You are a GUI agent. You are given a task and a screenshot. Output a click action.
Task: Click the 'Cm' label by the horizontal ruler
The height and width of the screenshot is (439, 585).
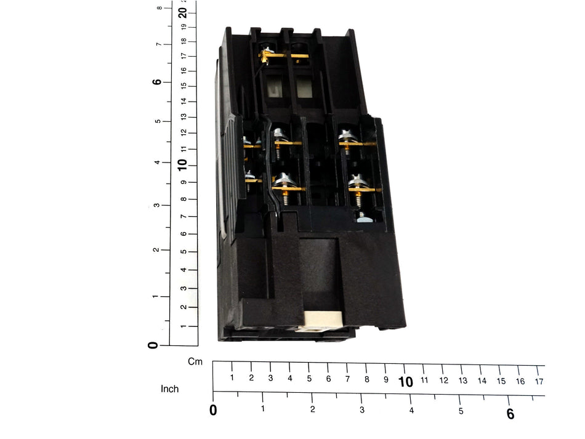pos(195,361)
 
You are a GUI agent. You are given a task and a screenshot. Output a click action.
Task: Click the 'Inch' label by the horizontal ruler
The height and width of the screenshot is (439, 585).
pos(170,389)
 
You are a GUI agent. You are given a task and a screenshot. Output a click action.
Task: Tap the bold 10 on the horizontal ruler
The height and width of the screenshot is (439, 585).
pos(406,382)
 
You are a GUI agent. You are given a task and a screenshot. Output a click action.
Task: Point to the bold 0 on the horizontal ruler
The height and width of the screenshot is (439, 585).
pos(213,410)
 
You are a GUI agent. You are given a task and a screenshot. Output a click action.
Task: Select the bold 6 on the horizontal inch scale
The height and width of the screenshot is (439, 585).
pos(510,414)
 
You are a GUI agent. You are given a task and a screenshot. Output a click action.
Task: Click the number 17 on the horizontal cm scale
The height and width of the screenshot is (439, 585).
pos(539,382)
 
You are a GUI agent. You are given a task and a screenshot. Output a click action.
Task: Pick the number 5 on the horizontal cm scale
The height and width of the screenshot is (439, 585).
pos(309,379)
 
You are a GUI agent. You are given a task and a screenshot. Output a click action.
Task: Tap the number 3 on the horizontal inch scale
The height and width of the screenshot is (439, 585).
pos(362,410)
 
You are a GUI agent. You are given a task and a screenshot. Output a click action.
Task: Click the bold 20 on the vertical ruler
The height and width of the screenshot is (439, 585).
pos(182,13)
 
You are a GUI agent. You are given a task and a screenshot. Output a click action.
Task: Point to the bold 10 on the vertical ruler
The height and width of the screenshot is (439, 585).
pos(182,165)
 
